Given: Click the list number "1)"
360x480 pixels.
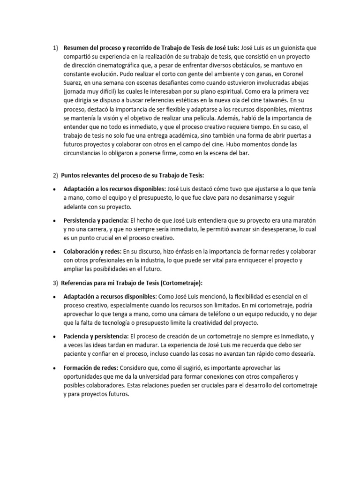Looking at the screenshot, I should point(55,47).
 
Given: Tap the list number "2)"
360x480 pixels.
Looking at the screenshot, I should point(55,176).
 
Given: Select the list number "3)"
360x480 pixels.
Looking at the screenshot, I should point(55,284).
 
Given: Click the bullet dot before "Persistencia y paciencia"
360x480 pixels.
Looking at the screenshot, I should point(55,220).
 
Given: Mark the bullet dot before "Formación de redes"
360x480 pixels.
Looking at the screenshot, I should point(55,367).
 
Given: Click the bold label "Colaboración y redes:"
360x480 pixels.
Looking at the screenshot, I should point(92,251).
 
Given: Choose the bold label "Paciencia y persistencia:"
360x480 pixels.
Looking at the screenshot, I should point(96,336).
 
